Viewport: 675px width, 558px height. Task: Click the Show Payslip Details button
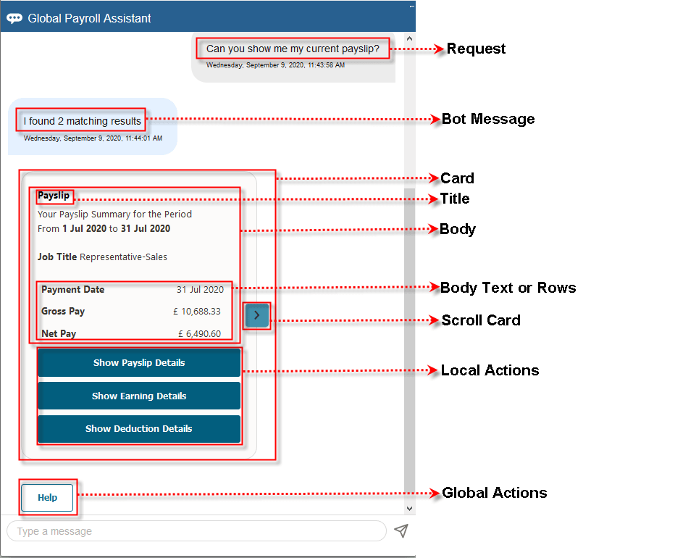click(x=139, y=363)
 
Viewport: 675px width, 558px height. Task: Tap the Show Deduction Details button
click(x=139, y=429)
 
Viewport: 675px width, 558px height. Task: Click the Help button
click(x=48, y=498)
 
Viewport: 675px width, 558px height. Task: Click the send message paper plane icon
click(x=401, y=531)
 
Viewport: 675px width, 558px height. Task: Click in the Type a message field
click(x=196, y=531)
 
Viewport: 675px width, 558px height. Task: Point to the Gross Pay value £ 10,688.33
click(x=196, y=312)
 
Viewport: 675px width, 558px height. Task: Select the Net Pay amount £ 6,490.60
click(x=199, y=334)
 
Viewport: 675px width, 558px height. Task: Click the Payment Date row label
click(x=72, y=290)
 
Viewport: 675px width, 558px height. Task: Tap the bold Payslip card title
click(x=54, y=196)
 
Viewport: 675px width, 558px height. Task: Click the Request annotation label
click(x=476, y=49)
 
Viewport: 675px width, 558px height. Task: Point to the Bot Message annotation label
click(x=488, y=120)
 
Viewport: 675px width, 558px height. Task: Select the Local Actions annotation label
click(x=490, y=370)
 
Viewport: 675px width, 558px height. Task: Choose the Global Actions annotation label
click(x=494, y=493)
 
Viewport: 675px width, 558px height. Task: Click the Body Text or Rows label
click(x=508, y=288)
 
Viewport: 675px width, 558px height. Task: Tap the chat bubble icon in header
click(x=14, y=18)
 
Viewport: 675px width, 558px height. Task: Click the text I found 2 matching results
click(x=83, y=121)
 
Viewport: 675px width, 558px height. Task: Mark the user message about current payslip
click(x=293, y=49)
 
